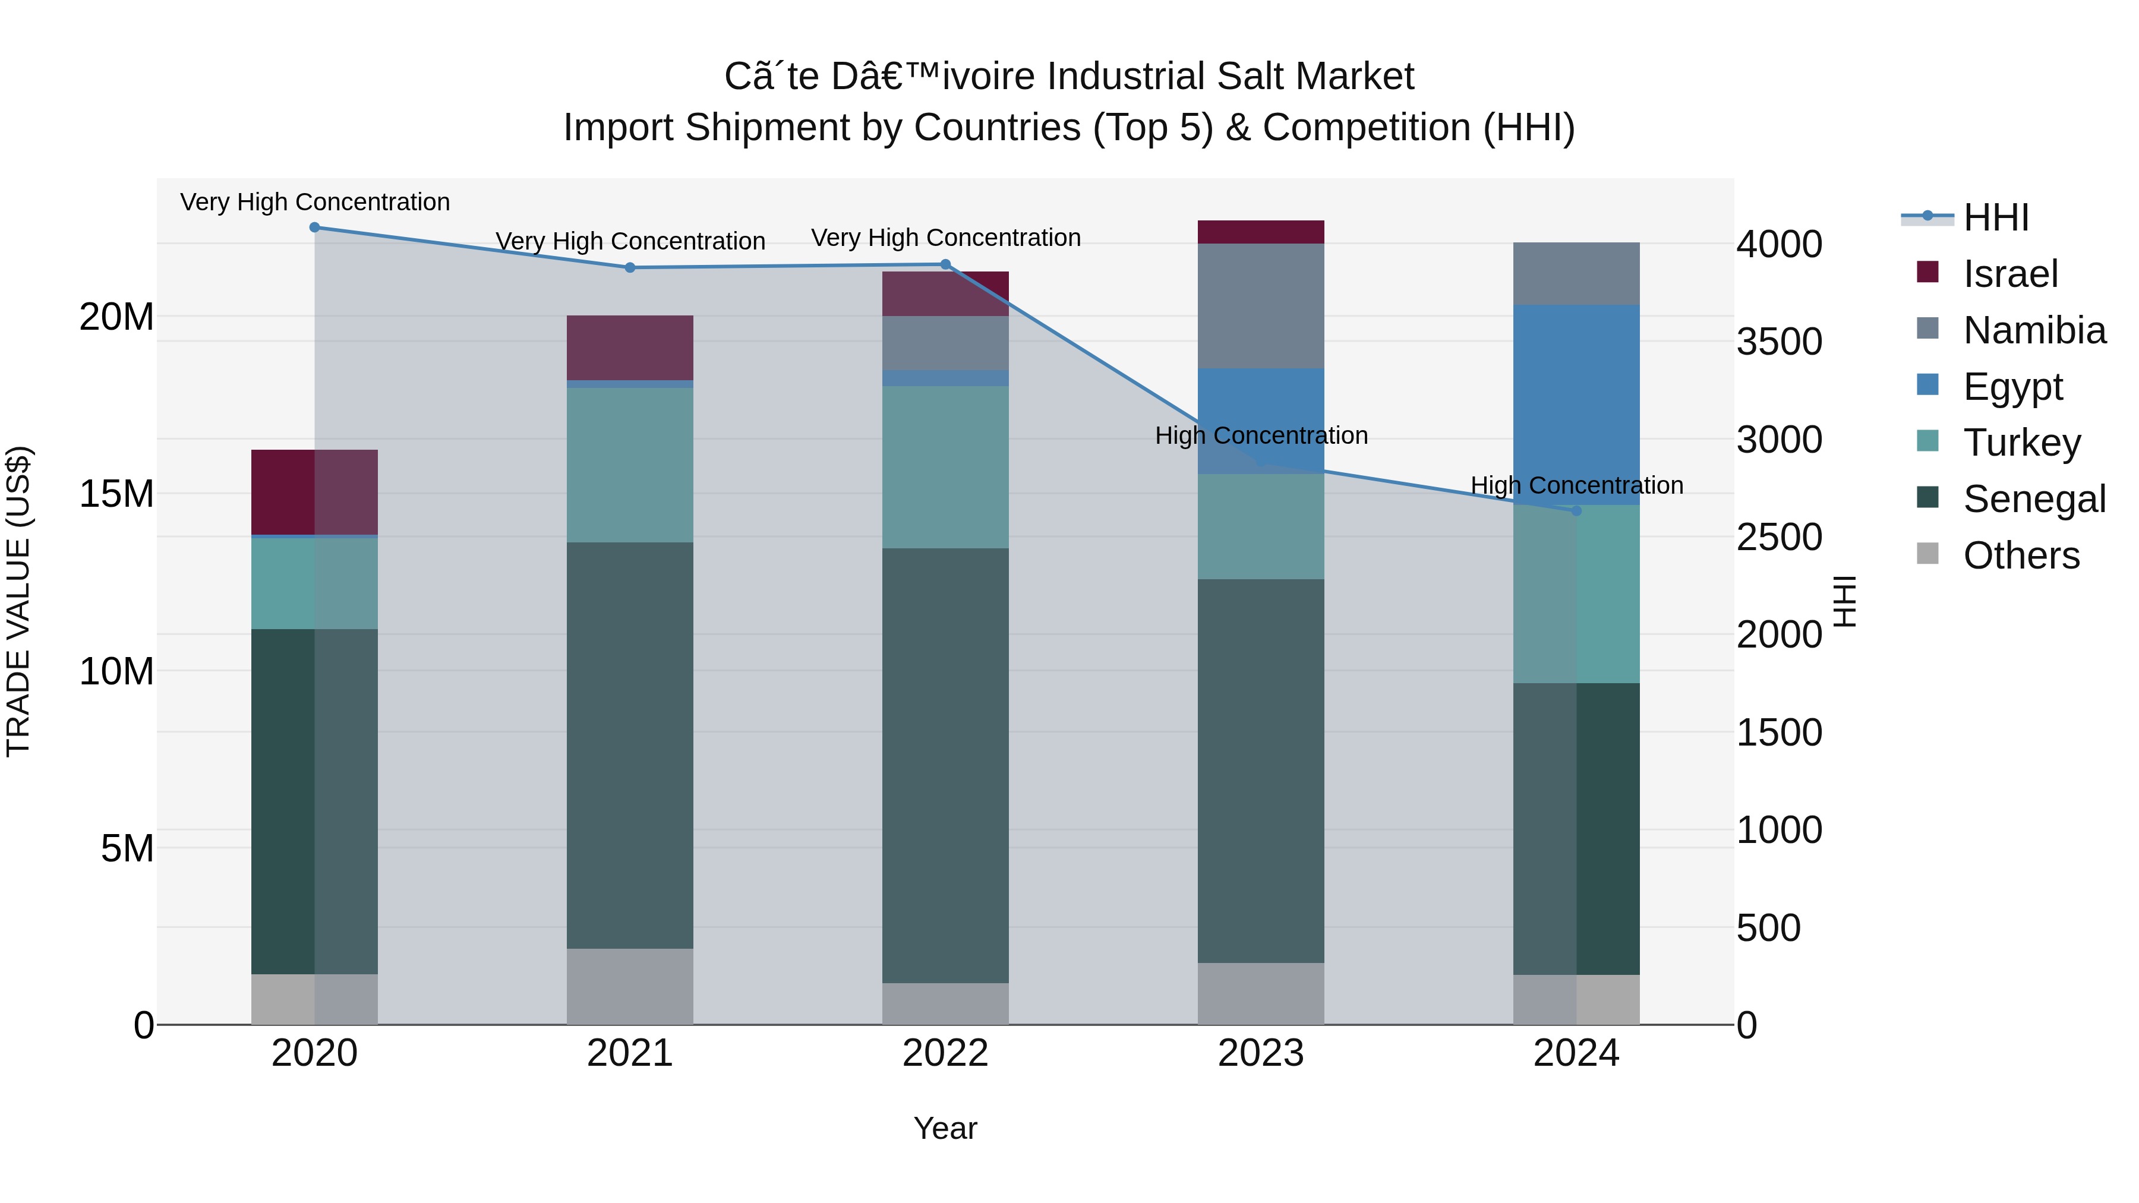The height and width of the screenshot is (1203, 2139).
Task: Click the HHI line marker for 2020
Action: pyautogui.click(x=315, y=228)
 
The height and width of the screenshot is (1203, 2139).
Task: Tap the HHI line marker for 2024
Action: pyautogui.click(x=1576, y=510)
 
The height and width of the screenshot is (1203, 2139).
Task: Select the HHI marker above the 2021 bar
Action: pyautogui.click(x=629, y=267)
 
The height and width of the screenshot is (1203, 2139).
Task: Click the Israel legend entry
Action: pyautogui.click(x=2009, y=274)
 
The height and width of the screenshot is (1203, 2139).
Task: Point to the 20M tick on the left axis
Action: pyautogui.click(x=116, y=316)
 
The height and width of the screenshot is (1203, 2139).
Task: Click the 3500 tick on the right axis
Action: pyautogui.click(x=1778, y=342)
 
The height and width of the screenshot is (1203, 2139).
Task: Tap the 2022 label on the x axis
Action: pyautogui.click(x=945, y=1053)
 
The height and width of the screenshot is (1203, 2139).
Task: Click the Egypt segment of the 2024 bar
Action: pyautogui.click(x=1576, y=405)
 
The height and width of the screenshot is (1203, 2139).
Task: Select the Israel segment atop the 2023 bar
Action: pyautogui.click(x=1260, y=232)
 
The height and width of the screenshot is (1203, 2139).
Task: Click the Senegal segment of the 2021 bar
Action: pyautogui.click(x=629, y=745)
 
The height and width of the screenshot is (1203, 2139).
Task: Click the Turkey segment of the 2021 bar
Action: pyautogui.click(x=629, y=465)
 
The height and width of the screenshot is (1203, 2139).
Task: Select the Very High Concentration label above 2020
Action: pyautogui.click(x=315, y=202)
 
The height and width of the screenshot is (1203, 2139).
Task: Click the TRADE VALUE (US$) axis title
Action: pyautogui.click(x=18, y=601)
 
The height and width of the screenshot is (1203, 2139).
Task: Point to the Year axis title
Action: pyautogui.click(x=945, y=1128)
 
